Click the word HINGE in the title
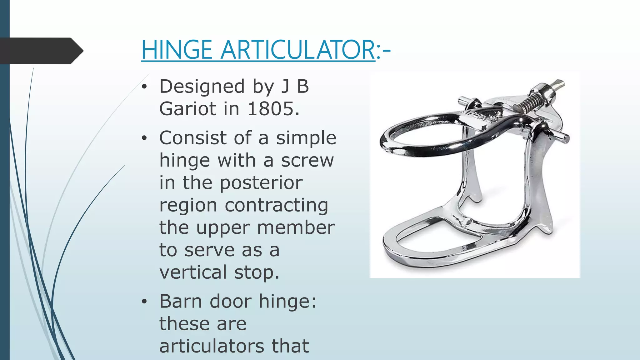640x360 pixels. coord(177,50)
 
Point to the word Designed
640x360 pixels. coord(202,87)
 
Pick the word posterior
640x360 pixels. coord(261,182)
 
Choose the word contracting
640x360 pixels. coord(276,205)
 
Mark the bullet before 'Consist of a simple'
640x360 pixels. coord(144,138)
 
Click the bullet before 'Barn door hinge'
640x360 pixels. coord(144,302)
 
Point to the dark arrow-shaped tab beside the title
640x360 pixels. coord(41,51)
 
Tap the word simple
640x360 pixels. coord(306,138)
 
